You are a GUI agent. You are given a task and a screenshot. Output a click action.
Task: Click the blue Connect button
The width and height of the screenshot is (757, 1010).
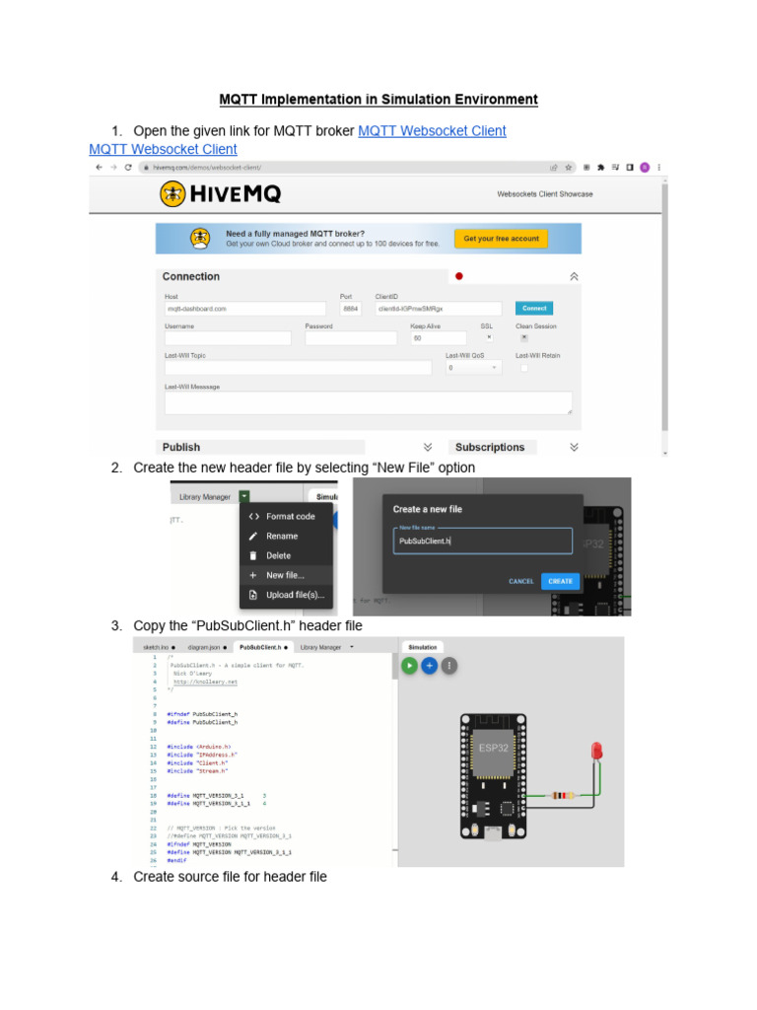(x=534, y=308)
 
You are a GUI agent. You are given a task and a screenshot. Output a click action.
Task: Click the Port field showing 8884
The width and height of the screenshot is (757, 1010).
(x=351, y=309)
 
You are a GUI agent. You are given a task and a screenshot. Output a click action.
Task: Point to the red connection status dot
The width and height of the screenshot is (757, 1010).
(x=458, y=276)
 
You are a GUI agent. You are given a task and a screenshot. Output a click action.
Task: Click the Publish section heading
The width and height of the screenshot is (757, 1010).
(x=181, y=447)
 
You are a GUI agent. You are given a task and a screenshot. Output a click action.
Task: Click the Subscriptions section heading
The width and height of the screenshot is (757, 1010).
(x=490, y=447)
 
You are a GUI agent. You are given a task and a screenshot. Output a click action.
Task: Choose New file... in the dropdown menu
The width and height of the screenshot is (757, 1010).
(x=285, y=575)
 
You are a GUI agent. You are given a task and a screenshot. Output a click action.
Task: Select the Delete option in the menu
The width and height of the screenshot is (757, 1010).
(x=278, y=555)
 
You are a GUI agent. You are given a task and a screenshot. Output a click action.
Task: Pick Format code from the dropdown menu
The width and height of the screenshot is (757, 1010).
(x=290, y=516)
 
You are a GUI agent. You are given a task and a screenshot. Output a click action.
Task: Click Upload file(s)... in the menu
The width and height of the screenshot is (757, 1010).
(x=296, y=595)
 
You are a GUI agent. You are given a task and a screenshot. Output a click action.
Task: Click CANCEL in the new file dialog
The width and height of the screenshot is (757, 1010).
(x=521, y=581)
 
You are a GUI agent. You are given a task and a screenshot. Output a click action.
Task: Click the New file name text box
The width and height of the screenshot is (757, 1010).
(x=482, y=541)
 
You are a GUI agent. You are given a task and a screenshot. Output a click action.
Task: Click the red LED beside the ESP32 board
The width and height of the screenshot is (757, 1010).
(x=595, y=753)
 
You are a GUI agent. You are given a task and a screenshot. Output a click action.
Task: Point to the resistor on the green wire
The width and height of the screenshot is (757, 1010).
(x=562, y=795)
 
